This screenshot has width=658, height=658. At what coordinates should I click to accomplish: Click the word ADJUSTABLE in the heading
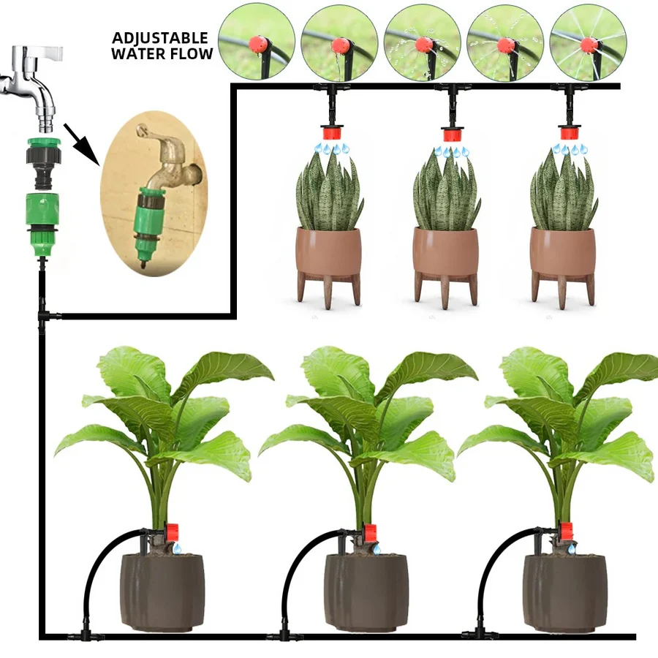(x=160, y=38)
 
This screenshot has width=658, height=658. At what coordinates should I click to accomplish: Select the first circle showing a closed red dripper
(x=257, y=42)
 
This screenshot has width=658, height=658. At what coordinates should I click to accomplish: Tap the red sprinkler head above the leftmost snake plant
(x=333, y=134)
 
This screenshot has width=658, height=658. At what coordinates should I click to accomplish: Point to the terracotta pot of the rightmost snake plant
(x=562, y=252)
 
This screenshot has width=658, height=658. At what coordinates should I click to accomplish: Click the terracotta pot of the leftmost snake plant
(x=328, y=252)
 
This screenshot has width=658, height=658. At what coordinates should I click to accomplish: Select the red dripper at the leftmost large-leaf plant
(x=174, y=532)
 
